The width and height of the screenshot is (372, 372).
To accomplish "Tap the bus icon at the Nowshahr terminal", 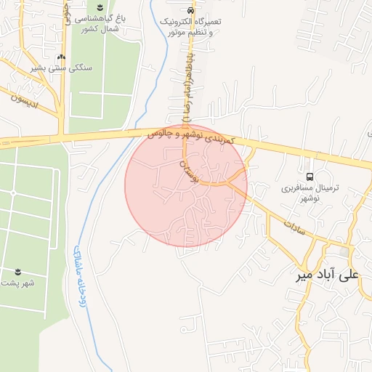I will [310, 177].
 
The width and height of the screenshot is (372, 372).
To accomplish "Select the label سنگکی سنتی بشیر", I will [61, 67].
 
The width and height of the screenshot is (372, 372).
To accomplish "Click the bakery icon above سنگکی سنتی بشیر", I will [61, 56].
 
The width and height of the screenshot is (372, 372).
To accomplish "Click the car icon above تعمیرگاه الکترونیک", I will [190, 11].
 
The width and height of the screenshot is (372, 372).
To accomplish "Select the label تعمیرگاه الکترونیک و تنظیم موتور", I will [191, 27].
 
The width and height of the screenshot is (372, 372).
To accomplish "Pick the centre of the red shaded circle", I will [186, 185].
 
